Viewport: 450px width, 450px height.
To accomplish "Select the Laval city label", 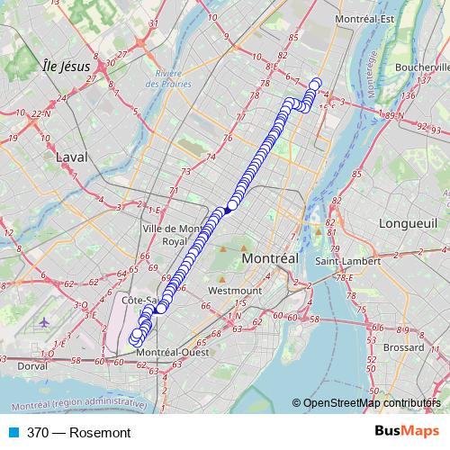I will tap(69, 157).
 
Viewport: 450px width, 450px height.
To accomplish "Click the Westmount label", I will tap(234, 292).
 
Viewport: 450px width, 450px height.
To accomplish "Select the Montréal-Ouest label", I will tap(174, 353).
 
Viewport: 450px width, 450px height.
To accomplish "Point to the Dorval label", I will tap(32, 366).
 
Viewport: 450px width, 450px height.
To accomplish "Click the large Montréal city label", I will tap(270, 258).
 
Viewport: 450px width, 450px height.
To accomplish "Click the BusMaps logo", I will tap(408, 432).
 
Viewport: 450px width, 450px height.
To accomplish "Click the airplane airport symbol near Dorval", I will tap(44, 321).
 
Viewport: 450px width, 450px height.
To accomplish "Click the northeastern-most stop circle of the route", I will tap(316, 84).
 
